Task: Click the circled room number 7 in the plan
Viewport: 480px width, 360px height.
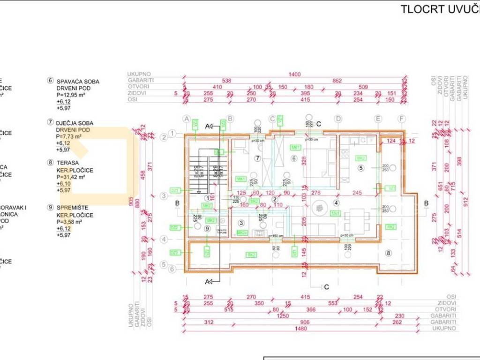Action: pyautogui.click(x=257, y=158)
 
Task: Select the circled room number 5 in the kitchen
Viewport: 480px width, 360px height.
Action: pyautogui.click(x=361, y=167)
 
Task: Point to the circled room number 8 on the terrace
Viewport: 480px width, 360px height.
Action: pyautogui.click(x=388, y=254)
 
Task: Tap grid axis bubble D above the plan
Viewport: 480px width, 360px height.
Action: pyautogui.click(x=337, y=118)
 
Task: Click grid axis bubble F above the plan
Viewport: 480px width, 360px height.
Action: pyautogui.click(x=401, y=118)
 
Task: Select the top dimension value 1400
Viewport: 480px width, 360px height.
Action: pyautogui.click(x=295, y=74)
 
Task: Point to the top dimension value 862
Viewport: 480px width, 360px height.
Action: pyautogui.click(x=337, y=81)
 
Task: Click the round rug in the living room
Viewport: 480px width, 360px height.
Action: pyautogui.click(x=321, y=206)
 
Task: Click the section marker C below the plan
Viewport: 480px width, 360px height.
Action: pyautogui.click(x=327, y=286)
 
